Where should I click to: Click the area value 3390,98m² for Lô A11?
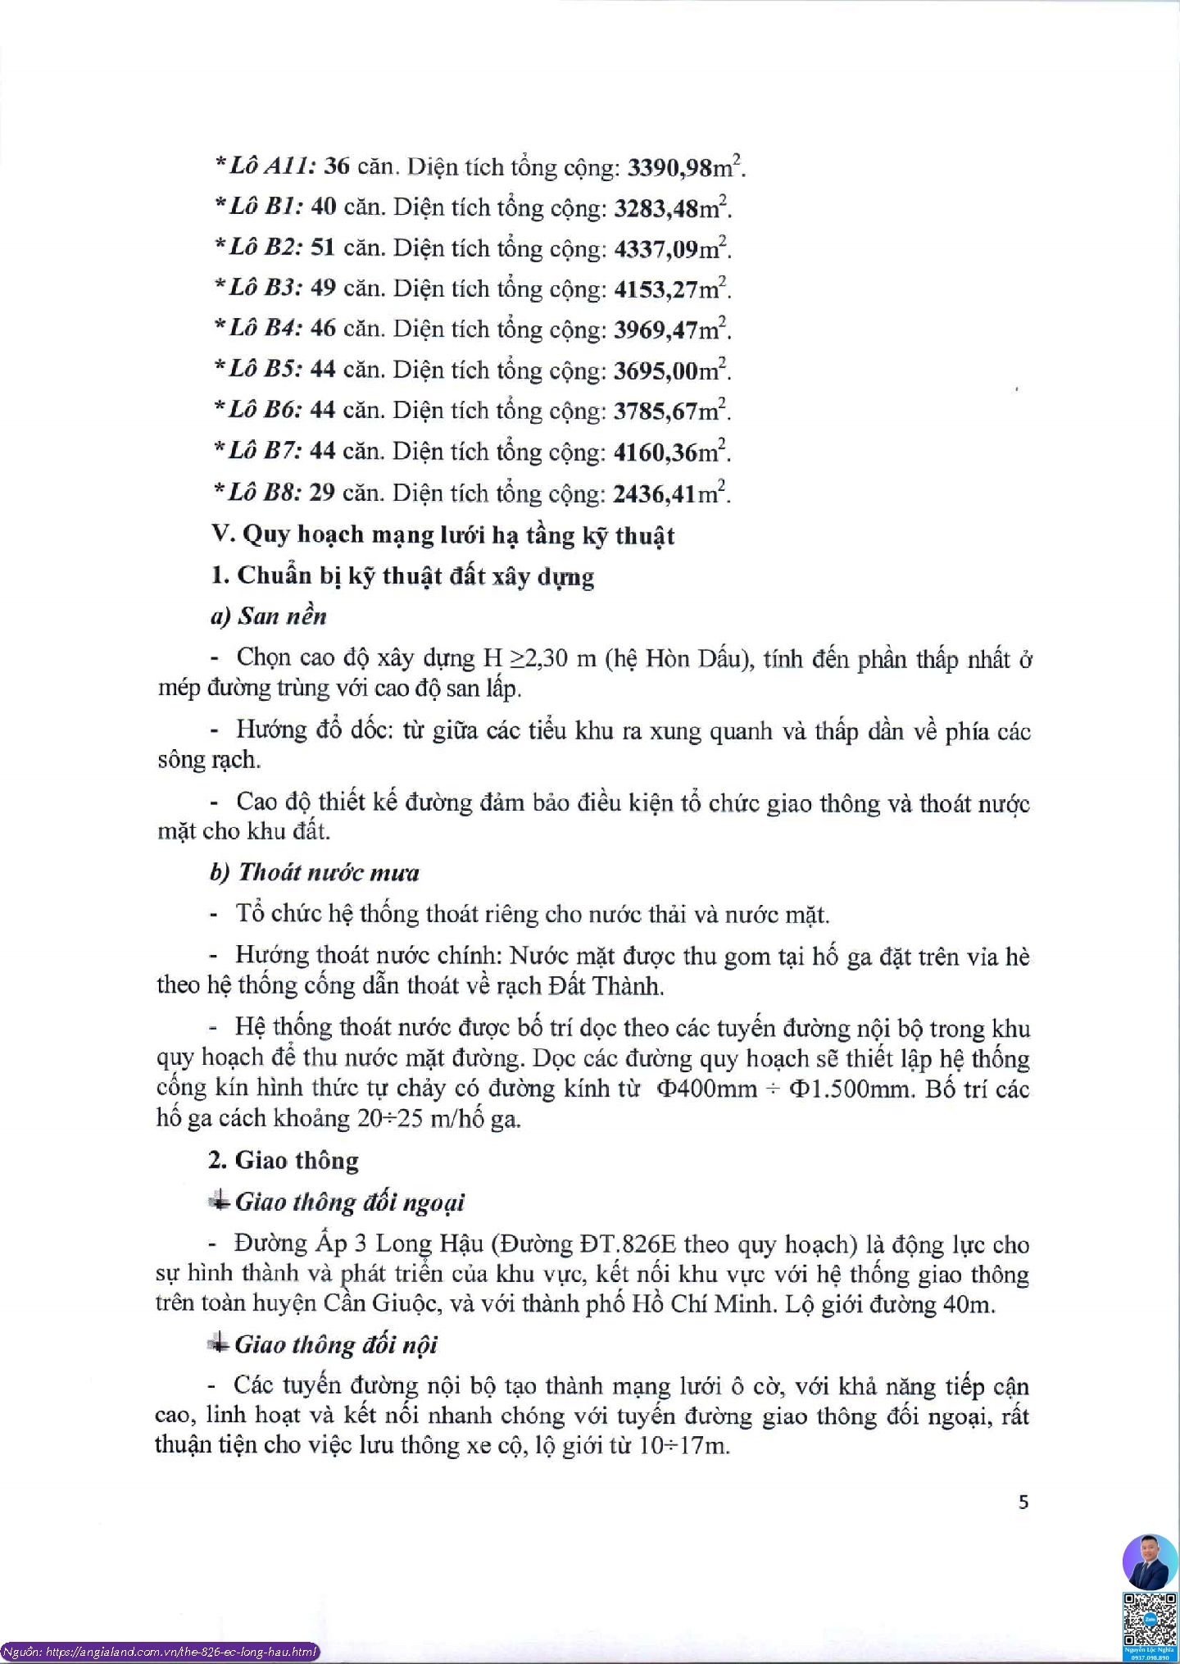click(685, 167)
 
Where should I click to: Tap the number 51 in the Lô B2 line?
click(323, 248)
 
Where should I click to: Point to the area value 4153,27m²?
click(671, 289)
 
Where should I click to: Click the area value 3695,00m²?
click(671, 371)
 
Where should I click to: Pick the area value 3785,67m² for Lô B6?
click(671, 411)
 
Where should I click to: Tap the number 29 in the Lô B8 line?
click(322, 493)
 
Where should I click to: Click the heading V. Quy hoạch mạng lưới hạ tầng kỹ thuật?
click(442, 534)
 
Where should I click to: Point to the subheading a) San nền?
click(269, 616)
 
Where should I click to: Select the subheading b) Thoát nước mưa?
click(315, 872)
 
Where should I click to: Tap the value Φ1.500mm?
click(846, 1089)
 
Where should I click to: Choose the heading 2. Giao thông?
click(284, 1161)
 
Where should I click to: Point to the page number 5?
click(1023, 1502)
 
